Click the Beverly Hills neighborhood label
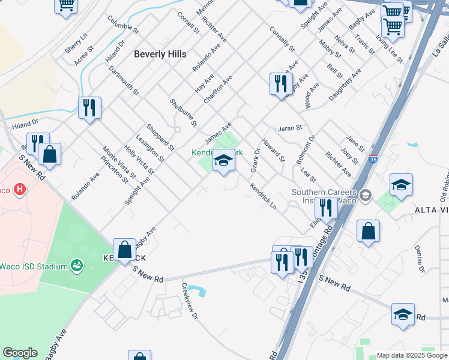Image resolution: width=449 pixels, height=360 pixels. click(x=160, y=54)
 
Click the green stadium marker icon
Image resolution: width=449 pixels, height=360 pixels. click(x=76, y=265)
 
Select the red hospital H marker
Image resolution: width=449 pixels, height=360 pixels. click(x=20, y=190)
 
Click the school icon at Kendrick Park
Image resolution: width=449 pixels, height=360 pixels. click(x=223, y=161)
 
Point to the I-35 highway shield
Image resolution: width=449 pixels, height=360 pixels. click(x=373, y=160)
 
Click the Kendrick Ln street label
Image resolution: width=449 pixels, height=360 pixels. click(x=264, y=197)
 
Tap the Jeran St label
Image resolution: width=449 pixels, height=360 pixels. click(x=290, y=128)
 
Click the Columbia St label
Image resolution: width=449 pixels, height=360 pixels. click(x=124, y=25)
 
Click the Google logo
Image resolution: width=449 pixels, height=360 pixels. click(x=20, y=353)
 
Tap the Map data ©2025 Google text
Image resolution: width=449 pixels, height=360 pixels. click(x=412, y=355)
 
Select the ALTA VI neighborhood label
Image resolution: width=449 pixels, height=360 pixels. click(x=431, y=209)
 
